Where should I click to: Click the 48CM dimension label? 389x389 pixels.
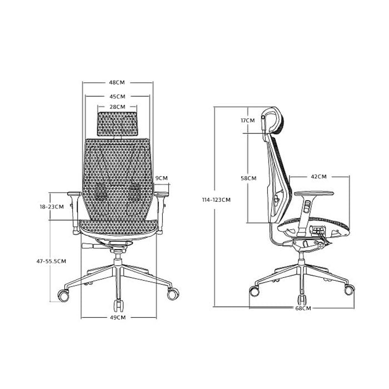tap(117, 82)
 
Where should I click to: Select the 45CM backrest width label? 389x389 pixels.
tap(117, 97)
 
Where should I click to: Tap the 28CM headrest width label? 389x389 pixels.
tap(117, 107)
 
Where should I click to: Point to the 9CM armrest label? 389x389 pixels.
tap(162, 178)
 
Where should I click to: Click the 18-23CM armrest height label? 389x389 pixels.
tap(52, 207)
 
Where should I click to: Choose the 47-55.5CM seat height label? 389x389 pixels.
tap(51, 261)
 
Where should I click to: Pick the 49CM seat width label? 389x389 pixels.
tap(118, 317)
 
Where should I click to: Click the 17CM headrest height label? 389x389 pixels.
tap(248, 121)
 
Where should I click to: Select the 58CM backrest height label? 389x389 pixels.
tap(248, 178)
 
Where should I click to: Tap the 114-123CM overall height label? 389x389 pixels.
tap(216, 200)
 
